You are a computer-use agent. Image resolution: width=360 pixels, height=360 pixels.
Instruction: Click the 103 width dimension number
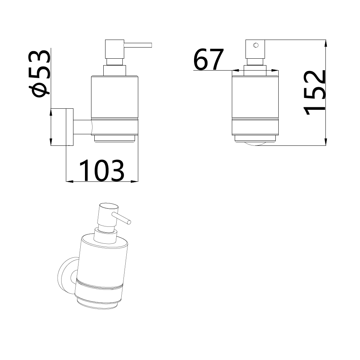102,170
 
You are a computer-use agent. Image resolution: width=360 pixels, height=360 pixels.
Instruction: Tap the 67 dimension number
208,59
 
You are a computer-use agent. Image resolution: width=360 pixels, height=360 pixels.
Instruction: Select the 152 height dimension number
314,93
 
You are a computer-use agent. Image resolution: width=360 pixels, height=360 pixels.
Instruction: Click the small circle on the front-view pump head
256,45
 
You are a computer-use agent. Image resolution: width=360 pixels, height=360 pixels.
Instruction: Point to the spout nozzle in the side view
138,45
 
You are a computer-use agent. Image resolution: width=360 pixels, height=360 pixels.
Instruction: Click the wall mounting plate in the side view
70,127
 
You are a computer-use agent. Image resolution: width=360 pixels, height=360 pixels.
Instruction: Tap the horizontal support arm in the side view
82,127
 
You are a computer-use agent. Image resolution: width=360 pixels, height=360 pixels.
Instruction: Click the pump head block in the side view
114,49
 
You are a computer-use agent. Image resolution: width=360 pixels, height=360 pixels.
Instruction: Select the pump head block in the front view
255,49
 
